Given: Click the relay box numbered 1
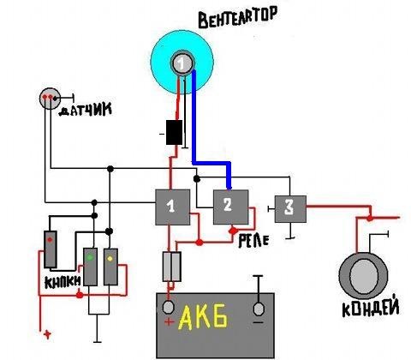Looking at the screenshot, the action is click(172, 207).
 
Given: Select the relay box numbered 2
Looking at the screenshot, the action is click(231, 207).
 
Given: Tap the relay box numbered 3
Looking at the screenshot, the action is click(290, 209).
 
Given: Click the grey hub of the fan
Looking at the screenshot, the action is click(182, 63).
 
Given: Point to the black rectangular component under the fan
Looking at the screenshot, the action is click(174, 132).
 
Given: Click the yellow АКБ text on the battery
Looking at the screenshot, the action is click(203, 316).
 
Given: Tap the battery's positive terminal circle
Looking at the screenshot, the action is click(168, 308).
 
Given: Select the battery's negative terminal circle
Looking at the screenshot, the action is click(259, 309).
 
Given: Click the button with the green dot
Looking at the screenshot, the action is click(90, 267).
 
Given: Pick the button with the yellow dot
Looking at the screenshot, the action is click(110, 267).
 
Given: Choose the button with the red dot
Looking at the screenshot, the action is click(51, 249).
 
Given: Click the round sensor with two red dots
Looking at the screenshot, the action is click(50, 99).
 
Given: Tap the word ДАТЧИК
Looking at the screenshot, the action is click(85, 110).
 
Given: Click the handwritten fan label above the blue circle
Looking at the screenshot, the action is click(238, 18).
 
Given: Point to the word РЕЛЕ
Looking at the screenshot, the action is click(253, 241).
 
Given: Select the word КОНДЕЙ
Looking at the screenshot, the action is click(371, 308).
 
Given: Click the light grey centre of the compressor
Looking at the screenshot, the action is click(364, 277).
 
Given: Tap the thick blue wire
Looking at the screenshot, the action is click(211, 163).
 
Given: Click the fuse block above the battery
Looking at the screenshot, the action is click(172, 267).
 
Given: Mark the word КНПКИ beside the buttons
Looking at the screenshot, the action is click(63, 282).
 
